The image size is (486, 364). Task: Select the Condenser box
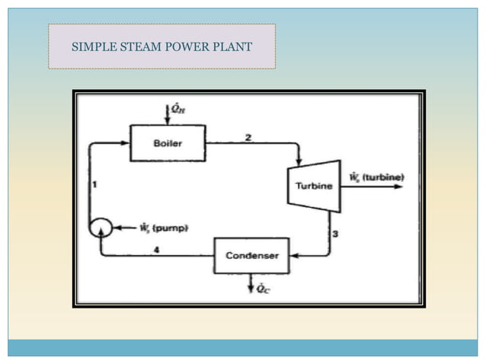click(x=251, y=256)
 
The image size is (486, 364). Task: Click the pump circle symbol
click(x=101, y=228)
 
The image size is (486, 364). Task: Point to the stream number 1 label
click(x=94, y=184)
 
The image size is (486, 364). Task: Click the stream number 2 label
click(x=248, y=137)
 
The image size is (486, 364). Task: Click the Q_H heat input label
click(x=177, y=110)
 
